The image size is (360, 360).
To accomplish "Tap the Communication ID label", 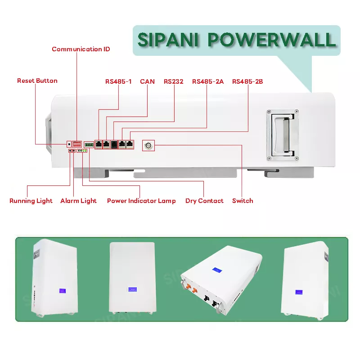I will point(81,49).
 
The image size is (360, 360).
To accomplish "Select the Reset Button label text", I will point(37,81).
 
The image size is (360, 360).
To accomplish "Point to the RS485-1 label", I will point(118,81).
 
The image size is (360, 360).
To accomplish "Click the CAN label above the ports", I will point(147,81).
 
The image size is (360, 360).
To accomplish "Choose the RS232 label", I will point(174,81).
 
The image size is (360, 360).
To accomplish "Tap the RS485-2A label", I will point(207,81).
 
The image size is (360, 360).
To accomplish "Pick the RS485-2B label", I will point(247,81).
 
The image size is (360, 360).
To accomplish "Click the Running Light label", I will point(31,201).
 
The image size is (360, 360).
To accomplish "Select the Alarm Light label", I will point(78,201).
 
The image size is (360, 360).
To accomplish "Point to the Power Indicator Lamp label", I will point(141,201).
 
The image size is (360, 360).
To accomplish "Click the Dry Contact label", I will point(204,201).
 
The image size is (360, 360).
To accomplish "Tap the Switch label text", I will point(243,201).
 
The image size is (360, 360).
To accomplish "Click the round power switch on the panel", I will point(148,145).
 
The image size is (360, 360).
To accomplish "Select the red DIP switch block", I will point(78,144).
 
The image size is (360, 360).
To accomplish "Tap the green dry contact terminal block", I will point(89,144).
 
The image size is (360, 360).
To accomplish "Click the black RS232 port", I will point(114,144).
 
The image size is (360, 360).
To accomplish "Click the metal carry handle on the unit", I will point(282,134).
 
